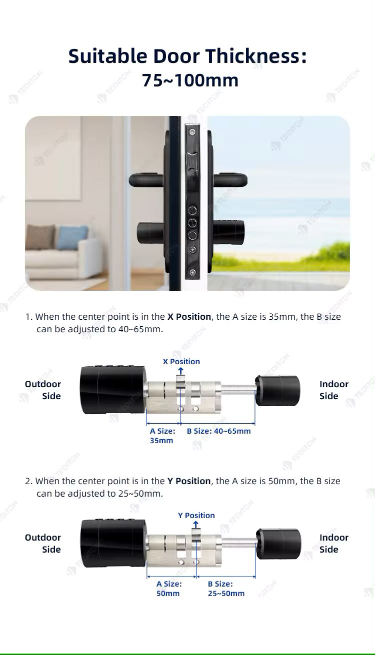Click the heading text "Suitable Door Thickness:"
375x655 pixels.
tap(187, 56)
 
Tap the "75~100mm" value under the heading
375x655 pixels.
tap(190, 80)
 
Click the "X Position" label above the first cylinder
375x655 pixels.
tap(181, 362)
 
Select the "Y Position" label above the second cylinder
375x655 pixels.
tap(196, 516)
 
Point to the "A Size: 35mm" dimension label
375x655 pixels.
tap(162, 436)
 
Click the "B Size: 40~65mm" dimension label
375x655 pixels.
tap(218, 431)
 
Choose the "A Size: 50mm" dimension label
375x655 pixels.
tap(168, 589)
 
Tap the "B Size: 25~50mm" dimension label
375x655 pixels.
tap(226, 589)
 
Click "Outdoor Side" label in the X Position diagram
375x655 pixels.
tap(43, 390)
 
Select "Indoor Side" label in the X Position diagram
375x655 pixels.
tap(333, 390)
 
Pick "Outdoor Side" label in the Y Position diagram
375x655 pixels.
tap(43, 544)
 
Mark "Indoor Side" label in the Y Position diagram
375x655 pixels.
tap(333, 544)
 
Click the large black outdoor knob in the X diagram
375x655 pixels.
tap(113, 390)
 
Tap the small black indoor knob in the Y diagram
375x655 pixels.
tap(278, 544)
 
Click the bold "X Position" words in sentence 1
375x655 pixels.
tap(189, 317)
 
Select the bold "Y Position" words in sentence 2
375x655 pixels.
tap(189, 481)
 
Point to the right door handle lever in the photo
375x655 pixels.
tap(230, 179)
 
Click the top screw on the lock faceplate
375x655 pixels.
tap(191, 132)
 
